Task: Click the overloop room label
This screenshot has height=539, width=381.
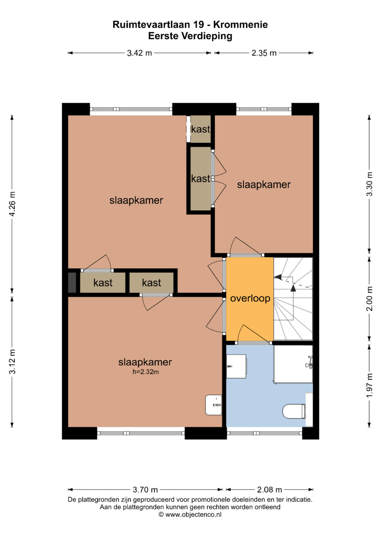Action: pyautogui.click(x=250, y=298)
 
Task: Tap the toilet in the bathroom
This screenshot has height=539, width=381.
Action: pyautogui.click(x=294, y=411)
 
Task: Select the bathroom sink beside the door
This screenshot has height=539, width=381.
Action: pyautogui.click(x=236, y=366)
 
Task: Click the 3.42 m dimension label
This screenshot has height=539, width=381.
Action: pyautogui.click(x=139, y=53)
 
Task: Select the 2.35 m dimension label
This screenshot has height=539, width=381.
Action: pyautogui.click(x=264, y=53)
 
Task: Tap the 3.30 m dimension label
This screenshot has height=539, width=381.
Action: pyautogui.click(x=369, y=184)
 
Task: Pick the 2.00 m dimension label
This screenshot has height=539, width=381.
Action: pyautogui.click(x=369, y=299)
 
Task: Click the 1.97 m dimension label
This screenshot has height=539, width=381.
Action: pyautogui.click(x=369, y=385)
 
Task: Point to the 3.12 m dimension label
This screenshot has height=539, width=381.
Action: pyautogui.click(x=12, y=361)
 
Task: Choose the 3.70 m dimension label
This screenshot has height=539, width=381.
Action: pyautogui.click(x=145, y=490)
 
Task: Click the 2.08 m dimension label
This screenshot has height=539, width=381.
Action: pyautogui.click(x=270, y=490)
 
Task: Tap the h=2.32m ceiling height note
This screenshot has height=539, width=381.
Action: pyautogui.click(x=145, y=372)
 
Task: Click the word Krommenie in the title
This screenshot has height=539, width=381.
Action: pyautogui.click(x=241, y=25)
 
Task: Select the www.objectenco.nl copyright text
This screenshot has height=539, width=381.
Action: pyautogui.click(x=190, y=514)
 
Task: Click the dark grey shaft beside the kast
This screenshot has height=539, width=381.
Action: pyautogui.click(x=72, y=282)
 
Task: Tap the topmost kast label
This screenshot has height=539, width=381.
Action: pyautogui.click(x=201, y=130)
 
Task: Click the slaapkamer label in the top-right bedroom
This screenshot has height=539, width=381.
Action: pyautogui.click(x=264, y=185)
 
